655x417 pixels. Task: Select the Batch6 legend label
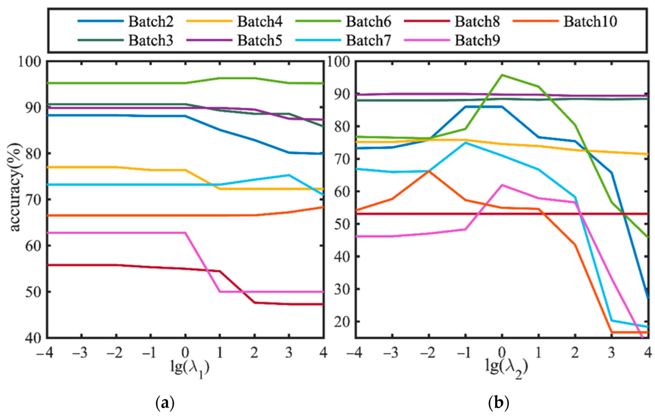pos(368,21)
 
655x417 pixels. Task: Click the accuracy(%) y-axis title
pos(15,187)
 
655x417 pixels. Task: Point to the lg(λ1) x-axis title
pos(190,368)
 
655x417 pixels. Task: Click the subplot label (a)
pos(165,403)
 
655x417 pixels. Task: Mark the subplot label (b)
pos(499,403)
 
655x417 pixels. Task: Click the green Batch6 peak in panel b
pos(502,75)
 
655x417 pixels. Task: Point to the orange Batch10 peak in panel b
pos(429,171)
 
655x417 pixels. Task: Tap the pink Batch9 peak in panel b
pos(502,185)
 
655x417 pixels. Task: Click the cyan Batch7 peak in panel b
pos(465,143)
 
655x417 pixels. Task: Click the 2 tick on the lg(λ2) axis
pos(575,353)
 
